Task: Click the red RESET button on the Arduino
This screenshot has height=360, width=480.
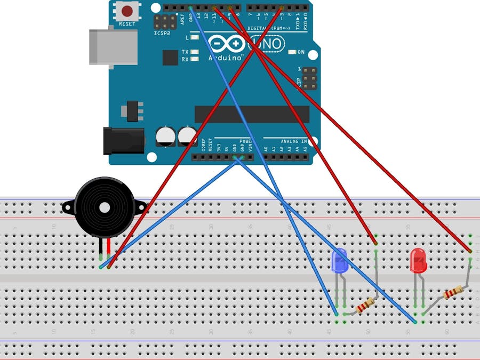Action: point(127,10)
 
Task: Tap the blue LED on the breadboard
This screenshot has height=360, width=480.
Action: point(340,261)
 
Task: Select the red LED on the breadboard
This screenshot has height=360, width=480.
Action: point(418,260)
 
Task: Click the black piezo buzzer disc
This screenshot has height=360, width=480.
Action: point(105,207)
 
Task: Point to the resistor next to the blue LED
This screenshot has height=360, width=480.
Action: point(365,306)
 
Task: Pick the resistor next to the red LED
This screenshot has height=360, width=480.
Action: point(453,293)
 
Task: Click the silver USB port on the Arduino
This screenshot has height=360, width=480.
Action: point(107,46)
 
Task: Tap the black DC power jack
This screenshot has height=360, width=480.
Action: point(124,140)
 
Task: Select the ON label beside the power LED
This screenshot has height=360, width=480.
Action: point(301,52)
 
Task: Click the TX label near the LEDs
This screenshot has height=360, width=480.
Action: point(185,52)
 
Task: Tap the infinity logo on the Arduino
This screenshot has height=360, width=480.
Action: point(227,44)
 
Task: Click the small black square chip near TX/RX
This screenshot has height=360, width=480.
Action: point(170,58)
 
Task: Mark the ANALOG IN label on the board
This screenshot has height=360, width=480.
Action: point(294,141)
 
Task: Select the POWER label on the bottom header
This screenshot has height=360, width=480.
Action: point(246,141)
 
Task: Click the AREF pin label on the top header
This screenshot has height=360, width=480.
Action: point(182,20)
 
